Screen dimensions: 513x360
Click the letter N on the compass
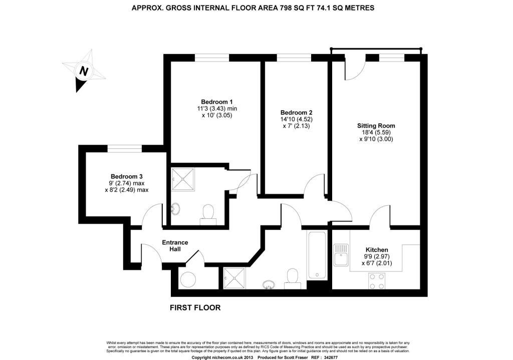click(x=84, y=71)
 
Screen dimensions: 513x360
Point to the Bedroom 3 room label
click(x=126, y=177)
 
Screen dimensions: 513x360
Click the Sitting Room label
click(x=376, y=126)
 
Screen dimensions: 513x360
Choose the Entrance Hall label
click(x=175, y=245)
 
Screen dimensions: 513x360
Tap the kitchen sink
click(x=341, y=255)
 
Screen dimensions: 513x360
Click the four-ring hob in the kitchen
click(x=377, y=281)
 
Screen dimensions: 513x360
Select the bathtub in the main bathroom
click(x=317, y=255)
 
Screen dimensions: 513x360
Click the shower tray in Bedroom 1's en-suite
click(x=183, y=179)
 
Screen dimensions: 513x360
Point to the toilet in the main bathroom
click(x=292, y=279)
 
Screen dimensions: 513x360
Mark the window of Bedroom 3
click(x=125, y=149)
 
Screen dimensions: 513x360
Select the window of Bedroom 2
click(x=294, y=58)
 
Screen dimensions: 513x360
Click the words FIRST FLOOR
click(x=195, y=308)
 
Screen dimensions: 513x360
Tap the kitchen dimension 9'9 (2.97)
click(x=377, y=257)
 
